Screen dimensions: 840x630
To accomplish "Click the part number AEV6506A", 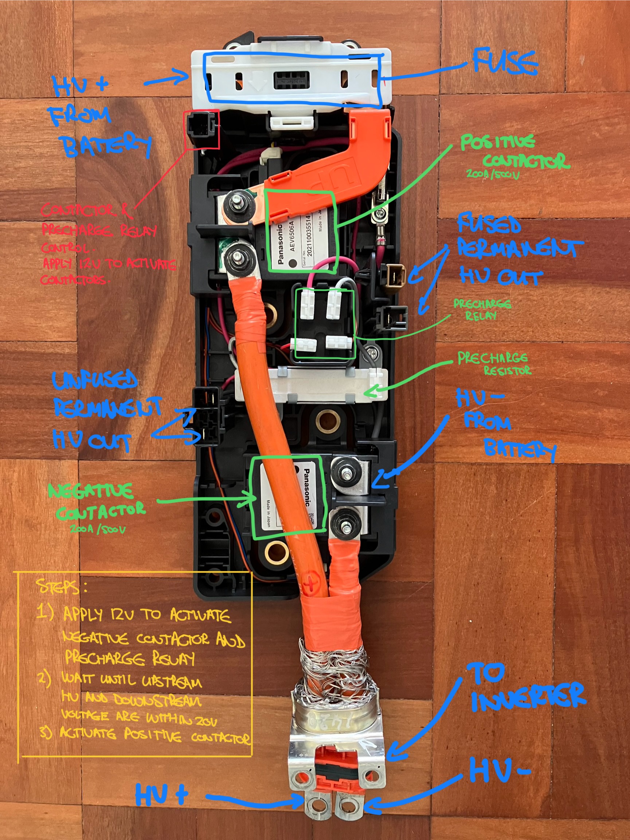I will [x=292, y=235].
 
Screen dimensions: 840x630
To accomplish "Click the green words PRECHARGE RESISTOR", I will [x=494, y=363].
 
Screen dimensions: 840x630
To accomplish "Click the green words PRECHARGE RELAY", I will [x=482, y=309].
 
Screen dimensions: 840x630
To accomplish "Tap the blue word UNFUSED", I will [x=95, y=380].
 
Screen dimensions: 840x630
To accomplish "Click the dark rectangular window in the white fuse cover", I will [x=291, y=81].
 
